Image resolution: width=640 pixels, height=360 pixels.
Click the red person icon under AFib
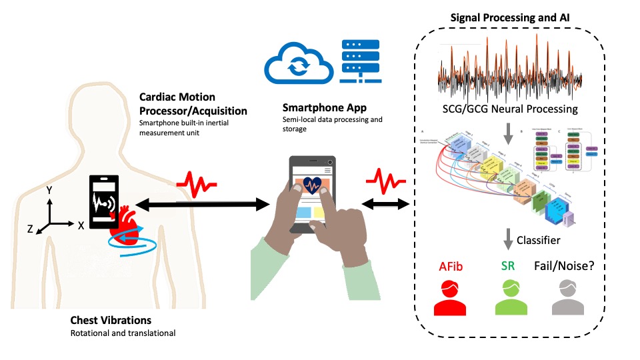450,298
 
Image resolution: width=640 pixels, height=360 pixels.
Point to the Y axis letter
49,191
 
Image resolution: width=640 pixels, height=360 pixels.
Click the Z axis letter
30,229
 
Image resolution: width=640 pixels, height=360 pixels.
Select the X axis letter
81,225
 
